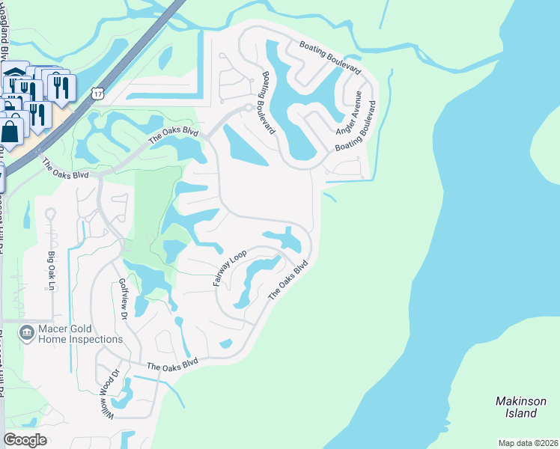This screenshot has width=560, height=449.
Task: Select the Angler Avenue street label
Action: click(x=350, y=111)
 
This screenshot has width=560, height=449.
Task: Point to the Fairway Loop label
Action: click(x=229, y=268)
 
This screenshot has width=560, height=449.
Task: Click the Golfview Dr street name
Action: click(x=123, y=300)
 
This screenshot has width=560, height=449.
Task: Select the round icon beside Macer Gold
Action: click(x=27, y=331)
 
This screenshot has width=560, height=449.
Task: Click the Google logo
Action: click(x=25, y=440)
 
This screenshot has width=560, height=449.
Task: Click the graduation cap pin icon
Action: click(x=13, y=74)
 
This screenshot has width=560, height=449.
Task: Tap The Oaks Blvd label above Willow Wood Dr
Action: click(x=172, y=365)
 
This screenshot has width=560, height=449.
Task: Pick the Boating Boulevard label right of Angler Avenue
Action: click(x=356, y=132)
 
